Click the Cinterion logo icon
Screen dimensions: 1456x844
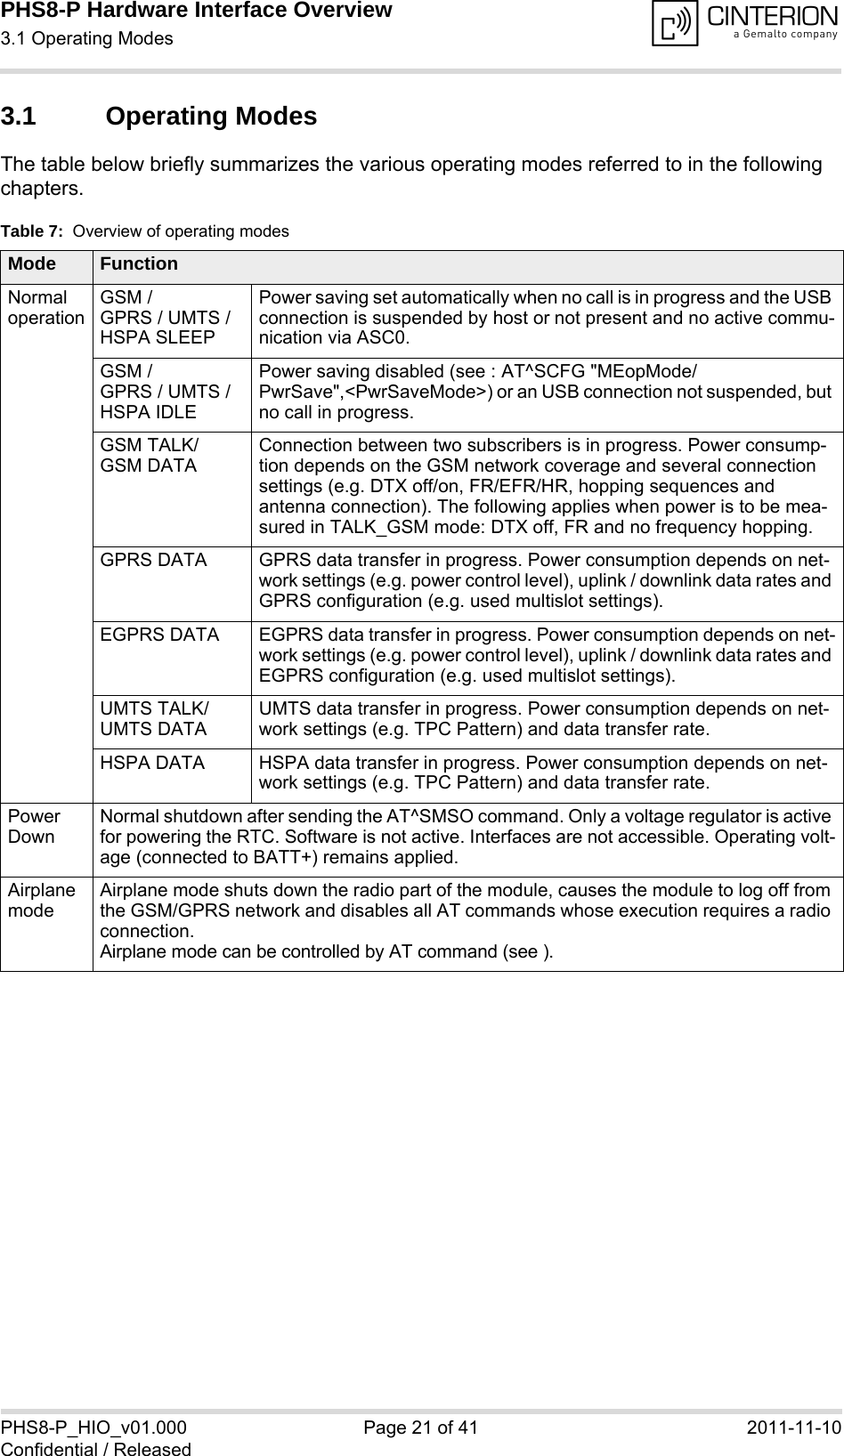point(675,24)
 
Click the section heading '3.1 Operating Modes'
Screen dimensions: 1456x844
point(159,117)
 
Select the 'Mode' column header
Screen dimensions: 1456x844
point(32,264)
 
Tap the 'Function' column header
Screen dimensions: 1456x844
point(139,264)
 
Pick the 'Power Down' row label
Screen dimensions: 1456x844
point(35,826)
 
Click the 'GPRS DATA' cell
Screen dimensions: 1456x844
point(153,561)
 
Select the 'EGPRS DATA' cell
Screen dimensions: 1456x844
point(159,635)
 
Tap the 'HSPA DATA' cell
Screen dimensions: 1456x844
point(152,763)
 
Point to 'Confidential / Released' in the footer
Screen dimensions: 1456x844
point(96,1448)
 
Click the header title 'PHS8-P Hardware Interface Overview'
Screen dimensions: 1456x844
point(197,12)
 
